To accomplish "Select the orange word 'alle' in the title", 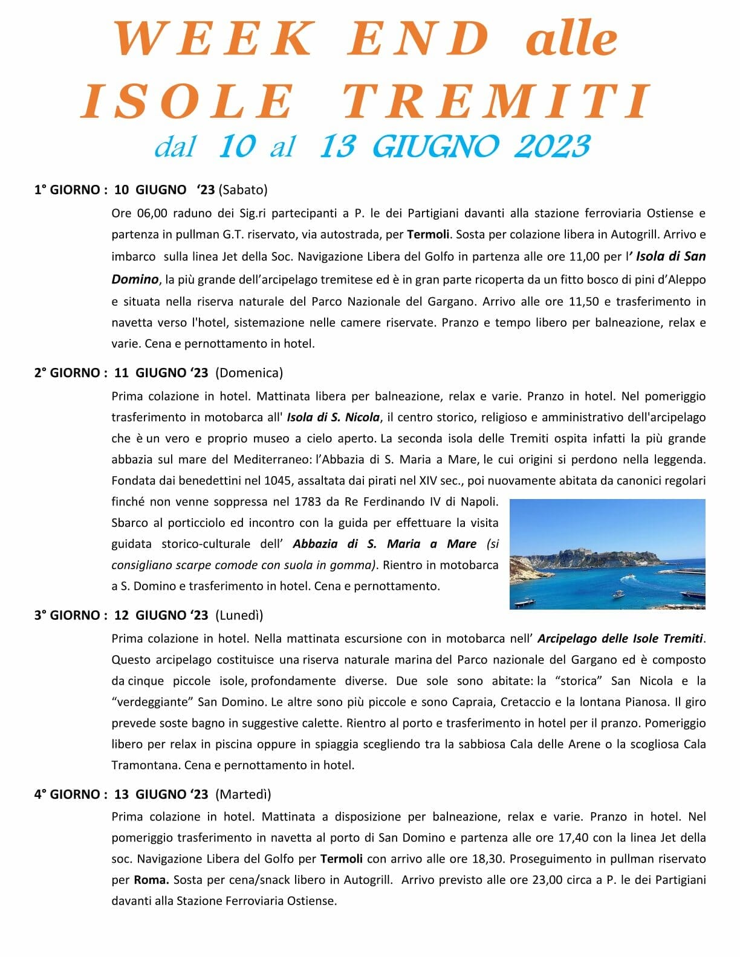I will click(x=572, y=39).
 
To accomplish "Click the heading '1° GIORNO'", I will click(x=67, y=190).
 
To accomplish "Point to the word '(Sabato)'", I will click(x=243, y=190).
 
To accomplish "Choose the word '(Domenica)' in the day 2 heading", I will click(x=249, y=373).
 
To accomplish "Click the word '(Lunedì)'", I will click(x=239, y=615).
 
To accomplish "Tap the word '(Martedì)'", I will click(x=243, y=794).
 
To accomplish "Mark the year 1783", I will click(x=308, y=501).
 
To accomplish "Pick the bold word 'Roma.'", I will click(x=151, y=880).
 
